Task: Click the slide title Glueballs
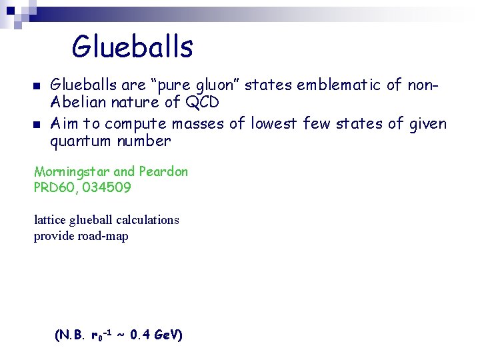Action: pyautogui.click(x=132, y=47)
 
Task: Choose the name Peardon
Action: pyautogui.click(x=163, y=171)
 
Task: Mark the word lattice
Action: pyautogui.click(x=50, y=219)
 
